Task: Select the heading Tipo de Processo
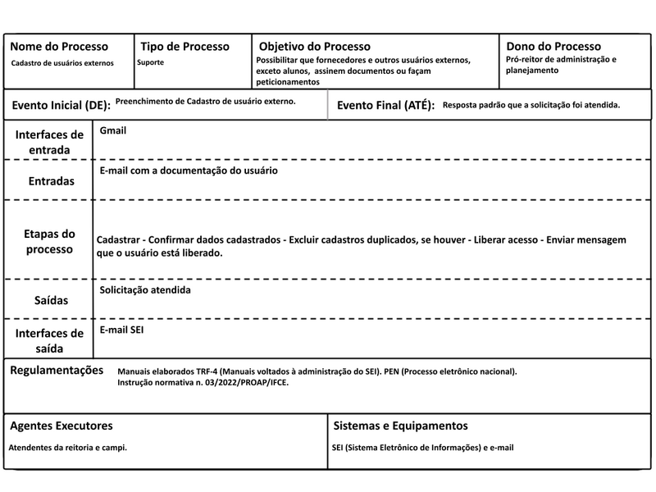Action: point(184,47)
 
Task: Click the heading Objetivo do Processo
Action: point(314,47)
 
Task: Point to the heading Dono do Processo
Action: point(553,47)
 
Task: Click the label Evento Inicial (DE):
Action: point(61,106)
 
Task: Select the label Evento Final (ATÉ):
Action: point(385,106)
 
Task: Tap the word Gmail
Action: point(113,130)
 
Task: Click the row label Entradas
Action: point(51,180)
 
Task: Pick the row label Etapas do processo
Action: point(50,241)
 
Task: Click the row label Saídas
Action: point(51,301)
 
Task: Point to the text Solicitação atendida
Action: point(145,290)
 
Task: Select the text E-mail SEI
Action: point(122,330)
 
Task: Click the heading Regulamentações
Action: point(57,371)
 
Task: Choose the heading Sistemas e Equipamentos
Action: point(401,426)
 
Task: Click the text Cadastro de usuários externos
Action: point(62,62)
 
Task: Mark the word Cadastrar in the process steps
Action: point(118,239)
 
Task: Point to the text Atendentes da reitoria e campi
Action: point(67,448)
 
